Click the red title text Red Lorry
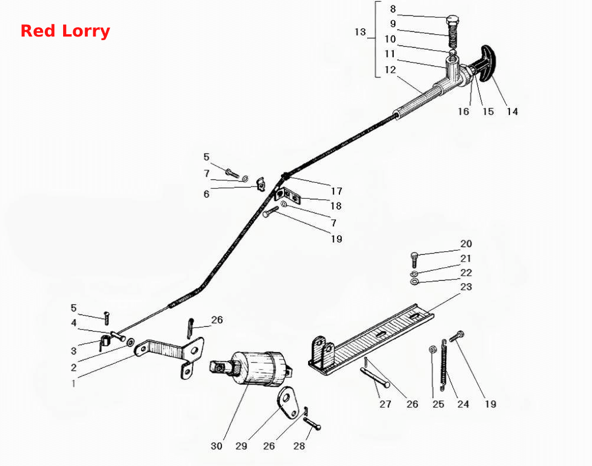(65, 31)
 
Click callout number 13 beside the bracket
(360, 32)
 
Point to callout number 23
(466, 287)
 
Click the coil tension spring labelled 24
(444, 365)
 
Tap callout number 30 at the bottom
(217, 446)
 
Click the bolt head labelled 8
(452, 19)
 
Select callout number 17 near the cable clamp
(336, 191)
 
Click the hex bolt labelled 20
(414, 260)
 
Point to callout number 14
(512, 111)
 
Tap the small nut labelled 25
(433, 350)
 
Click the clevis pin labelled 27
(375, 377)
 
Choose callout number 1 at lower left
(74, 384)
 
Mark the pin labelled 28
(312, 423)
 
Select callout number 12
(390, 70)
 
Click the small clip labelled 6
(261, 184)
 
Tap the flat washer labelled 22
(414, 281)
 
